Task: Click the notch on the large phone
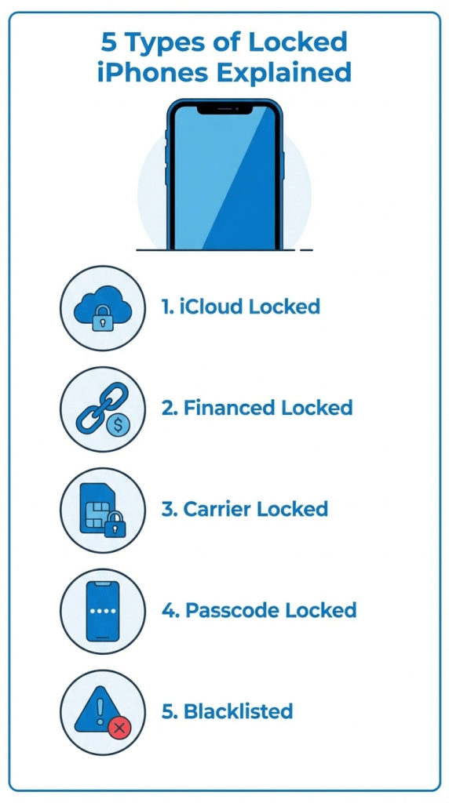pos(224,110)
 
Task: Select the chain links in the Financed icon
pos(96,406)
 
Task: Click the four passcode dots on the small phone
pos(103,609)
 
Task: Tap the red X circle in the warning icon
pos(119,729)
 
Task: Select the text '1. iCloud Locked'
pos(241,307)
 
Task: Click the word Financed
pos(228,408)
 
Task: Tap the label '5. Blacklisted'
pos(227,711)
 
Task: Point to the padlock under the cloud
pos(102,320)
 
